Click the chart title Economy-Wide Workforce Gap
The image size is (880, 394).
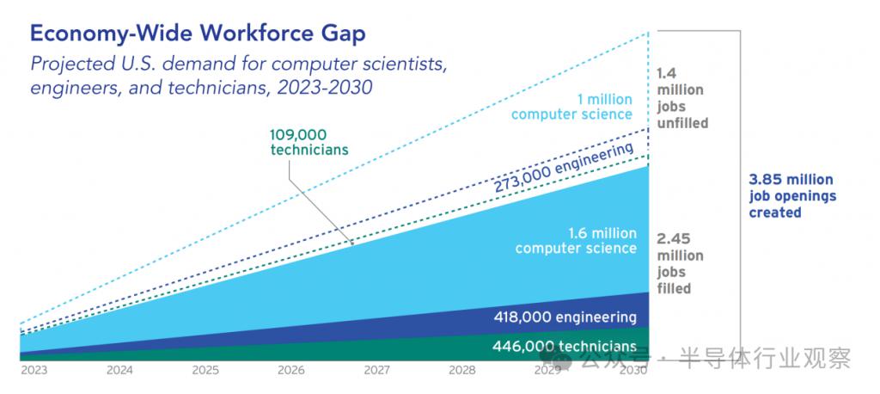coord(198,33)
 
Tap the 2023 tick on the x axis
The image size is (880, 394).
coord(34,370)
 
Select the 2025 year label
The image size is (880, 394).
coord(205,370)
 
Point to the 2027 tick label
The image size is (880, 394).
coord(376,370)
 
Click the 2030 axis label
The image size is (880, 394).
coord(632,370)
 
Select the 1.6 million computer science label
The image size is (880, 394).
coord(576,241)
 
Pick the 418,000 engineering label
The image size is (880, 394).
coord(565,317)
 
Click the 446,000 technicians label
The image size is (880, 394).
coord(565,346)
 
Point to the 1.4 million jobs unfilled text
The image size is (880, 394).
coord(682,98)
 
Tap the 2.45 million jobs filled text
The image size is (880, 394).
coord(680,263)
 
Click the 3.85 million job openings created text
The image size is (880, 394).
coord(791,196)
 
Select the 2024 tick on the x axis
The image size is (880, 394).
coord(119,370)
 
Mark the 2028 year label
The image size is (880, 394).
coord(461,370)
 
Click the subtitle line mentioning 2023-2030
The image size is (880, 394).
coord(201,88)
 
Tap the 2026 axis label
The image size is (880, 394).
coord(290,370)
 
